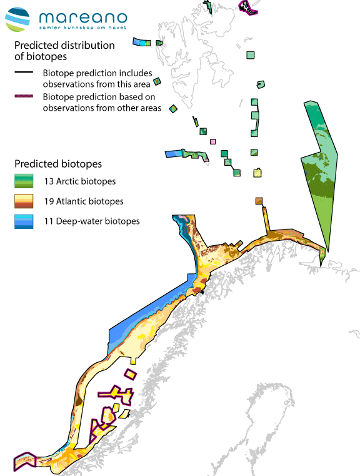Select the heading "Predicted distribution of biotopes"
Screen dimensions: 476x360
[64, 51]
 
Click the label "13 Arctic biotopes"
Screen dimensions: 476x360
[79, 182]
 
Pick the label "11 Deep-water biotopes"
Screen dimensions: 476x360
[91, 221]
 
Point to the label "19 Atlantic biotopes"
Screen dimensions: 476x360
[83, 201]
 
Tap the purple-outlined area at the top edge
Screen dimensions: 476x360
[248, 7]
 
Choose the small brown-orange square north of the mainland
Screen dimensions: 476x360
[259, 201]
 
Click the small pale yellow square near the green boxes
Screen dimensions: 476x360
[257, 173]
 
